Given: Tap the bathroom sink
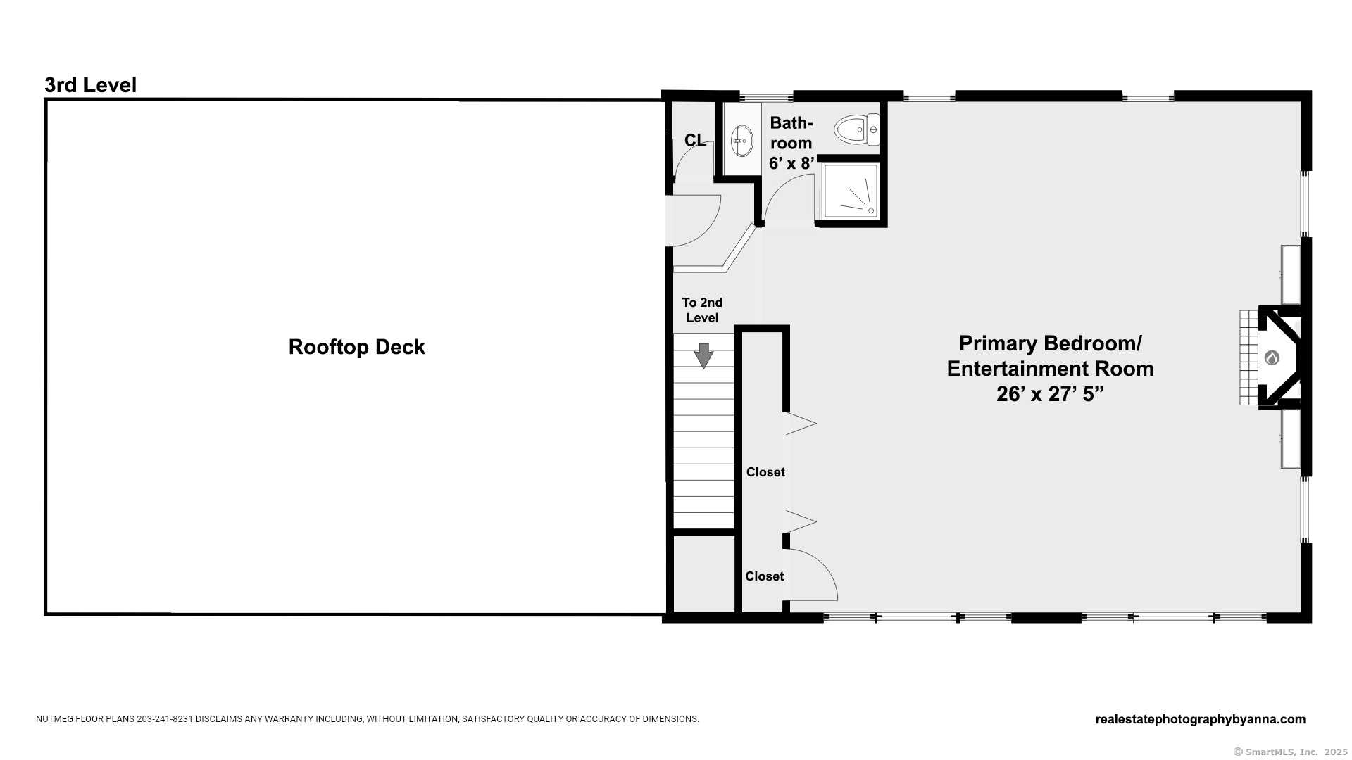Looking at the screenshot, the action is (741, 140).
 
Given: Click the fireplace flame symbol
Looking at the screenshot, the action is (1272, 357).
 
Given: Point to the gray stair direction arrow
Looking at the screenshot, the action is (703, 355).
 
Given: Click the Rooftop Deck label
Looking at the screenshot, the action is (356, 347).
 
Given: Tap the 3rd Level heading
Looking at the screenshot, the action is (90, 85).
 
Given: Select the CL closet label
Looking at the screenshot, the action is (695, 140).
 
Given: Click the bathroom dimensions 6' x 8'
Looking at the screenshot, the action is (791, 163).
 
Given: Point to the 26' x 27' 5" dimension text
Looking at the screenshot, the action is (1049, 394).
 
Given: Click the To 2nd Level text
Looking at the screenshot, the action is (702, 310).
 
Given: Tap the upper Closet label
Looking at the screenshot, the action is (765, 472).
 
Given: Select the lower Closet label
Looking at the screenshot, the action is (765, 576).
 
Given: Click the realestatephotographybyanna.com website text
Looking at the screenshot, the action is (1201, 719).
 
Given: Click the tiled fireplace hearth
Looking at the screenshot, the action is (1249, 357).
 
